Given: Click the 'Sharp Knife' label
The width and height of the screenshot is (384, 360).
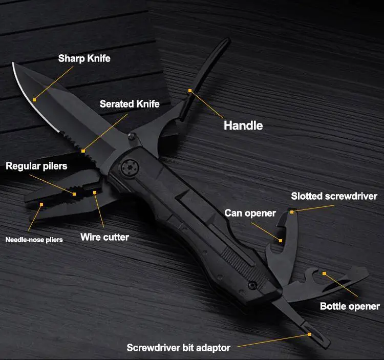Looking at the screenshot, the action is [84, 58].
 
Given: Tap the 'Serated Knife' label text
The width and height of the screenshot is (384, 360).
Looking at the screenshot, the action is [130, 104].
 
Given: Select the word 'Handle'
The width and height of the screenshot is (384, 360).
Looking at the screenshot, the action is [243, 125].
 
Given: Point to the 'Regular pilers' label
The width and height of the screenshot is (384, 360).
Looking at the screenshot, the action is [36, 166].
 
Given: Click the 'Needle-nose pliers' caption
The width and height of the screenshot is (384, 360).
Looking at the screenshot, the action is [34, 240].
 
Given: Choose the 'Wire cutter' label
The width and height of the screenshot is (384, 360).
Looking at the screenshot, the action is [104, 237].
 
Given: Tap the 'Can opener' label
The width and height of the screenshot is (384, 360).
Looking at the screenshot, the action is [250, 214].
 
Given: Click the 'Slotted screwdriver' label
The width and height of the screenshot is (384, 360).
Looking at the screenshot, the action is [334, 196].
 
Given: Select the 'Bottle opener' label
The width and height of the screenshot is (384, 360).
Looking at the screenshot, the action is [350, 306].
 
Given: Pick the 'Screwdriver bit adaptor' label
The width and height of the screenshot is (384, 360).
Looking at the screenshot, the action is [179, 348].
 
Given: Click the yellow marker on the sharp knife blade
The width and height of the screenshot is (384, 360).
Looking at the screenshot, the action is [34, 100].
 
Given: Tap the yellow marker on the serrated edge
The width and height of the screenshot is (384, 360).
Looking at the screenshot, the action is [83, 151].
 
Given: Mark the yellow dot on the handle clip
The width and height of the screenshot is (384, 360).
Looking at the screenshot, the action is [190, 91].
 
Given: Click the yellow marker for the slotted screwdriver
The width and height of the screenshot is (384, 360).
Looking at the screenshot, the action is [292, 212].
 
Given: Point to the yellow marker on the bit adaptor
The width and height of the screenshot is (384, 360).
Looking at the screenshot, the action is [309, 334].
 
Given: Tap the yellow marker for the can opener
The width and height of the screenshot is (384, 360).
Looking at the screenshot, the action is [281, 241].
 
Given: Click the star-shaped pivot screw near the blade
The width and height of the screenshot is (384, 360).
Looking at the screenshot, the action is [130, 167].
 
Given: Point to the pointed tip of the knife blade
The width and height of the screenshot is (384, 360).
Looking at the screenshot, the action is [13, 63].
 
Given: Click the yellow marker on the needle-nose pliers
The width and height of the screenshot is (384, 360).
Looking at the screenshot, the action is [41, 204].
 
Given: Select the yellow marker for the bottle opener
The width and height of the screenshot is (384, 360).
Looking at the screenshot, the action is [324, 273].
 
